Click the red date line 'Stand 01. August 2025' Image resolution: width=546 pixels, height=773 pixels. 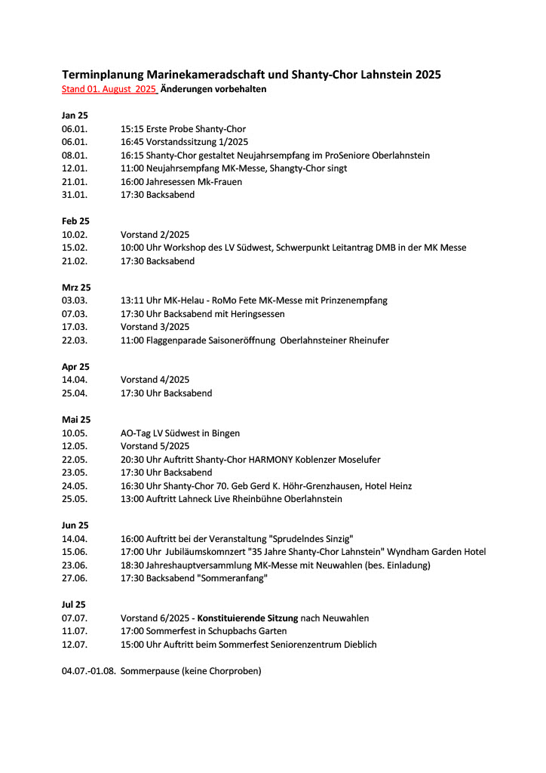tap(109, 89)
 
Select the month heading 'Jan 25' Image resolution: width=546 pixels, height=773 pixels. tap(75, 115)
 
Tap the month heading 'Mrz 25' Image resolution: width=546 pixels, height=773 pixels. tap(76, 288)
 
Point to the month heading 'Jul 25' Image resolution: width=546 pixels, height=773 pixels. tap(74, 605)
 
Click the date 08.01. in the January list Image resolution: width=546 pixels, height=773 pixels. tap(75, 156)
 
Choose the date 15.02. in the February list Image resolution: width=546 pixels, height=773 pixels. tap(75, 248)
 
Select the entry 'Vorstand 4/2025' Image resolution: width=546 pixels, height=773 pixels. tap(155, 380)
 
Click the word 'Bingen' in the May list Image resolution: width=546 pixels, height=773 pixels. tap(225, 433)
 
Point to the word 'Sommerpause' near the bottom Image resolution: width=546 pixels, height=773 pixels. tap(149, 671)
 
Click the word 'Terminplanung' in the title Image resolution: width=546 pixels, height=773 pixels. tap(103, 75)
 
